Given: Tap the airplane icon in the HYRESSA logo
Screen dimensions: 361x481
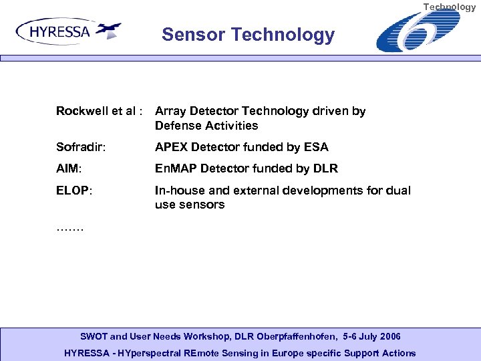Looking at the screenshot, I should tap(108, 29).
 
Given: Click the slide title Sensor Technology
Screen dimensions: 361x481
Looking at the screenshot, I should tap(248, 35).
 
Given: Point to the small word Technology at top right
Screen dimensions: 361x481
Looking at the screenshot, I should tap(450, 7).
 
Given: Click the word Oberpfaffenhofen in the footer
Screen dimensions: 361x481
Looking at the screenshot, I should tap(283, 336).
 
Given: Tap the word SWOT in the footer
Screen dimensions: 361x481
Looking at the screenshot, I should tap(94, 336).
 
